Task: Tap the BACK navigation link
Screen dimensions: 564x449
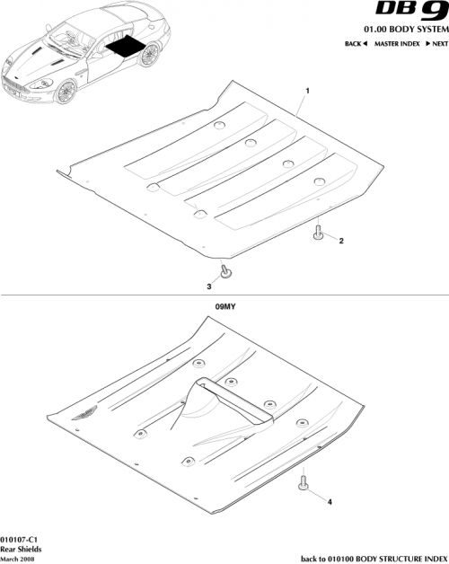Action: tap(357, 44)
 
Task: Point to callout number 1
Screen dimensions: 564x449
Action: tap(308, 93)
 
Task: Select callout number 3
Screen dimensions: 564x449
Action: tap(209, 286)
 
